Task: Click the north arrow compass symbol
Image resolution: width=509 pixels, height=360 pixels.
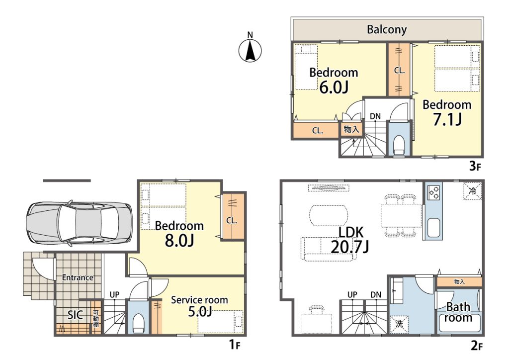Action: coord(250,50)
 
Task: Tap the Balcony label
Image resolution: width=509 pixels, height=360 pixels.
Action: coord(387,29)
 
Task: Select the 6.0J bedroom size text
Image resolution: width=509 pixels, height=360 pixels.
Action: coord(334,88)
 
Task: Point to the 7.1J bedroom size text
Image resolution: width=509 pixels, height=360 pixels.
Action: coord(447,119)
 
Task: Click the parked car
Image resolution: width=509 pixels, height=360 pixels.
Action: coord(79,224)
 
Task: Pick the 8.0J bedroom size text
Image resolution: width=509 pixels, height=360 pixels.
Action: coord(179,241)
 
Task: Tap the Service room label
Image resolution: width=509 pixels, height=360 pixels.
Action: coord(199,300)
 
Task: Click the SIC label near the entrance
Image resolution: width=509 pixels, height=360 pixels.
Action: coord(75,315)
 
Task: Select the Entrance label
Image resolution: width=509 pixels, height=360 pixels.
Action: coord(78,277)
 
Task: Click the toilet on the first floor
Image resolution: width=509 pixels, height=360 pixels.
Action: coord(138,323)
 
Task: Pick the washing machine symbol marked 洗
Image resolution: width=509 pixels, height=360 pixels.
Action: coord(399,324)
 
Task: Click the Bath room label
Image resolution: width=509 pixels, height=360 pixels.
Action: coord(458,312)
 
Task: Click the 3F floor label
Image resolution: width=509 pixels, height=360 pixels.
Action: coord(475,166)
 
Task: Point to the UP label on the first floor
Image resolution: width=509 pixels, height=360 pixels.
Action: coord(114,295)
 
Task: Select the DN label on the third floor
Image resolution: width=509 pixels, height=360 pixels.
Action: coord(375,116)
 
